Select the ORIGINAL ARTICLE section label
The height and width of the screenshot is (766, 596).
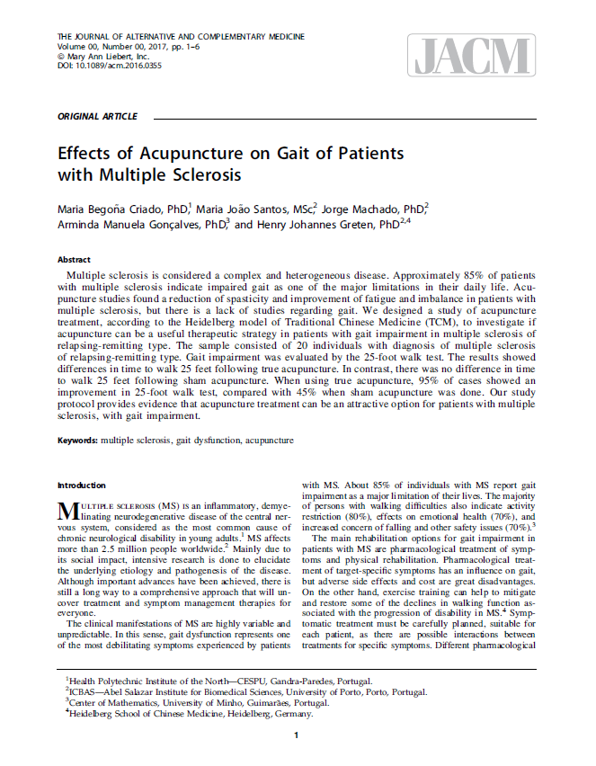click(97, 117)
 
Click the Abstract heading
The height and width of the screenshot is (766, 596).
click(74, 259)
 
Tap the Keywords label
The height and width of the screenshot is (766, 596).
click(77, 441)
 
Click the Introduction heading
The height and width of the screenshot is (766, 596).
click(81, 485)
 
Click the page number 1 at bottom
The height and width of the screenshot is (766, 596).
click(297, 736)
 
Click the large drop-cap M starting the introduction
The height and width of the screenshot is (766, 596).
click(67, 512)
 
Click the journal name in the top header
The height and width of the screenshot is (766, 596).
click(180, 37)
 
